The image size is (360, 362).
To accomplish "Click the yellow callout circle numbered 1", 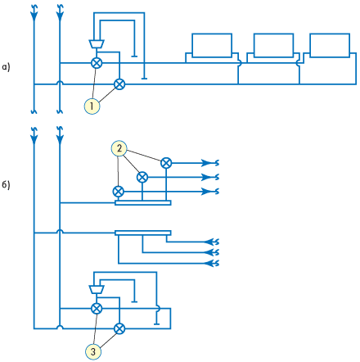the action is pyautogui.click(x=92, y=106).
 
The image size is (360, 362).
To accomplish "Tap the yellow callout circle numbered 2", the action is pyautogui.click(x=119, y=148).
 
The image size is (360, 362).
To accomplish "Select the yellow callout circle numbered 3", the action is pyautogui.click(x=93, y=351).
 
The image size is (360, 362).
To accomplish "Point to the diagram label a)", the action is pyautogui.click(x=6, y=67).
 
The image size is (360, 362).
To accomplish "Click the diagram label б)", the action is pyautogui.click(x=6, y=185).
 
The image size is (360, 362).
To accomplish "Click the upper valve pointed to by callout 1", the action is pyautogui.click(x=97, y=63).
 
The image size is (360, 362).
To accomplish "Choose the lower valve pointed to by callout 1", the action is pyautogui.click(x=119, y=84).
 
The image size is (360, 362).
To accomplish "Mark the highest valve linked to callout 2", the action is pyautogui.click(x=166, y=163).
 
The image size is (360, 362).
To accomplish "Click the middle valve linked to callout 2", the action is pyautogui.click(x=142, y=178).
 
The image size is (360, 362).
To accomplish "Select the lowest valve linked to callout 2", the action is pyautogui.click(x=118, y=192).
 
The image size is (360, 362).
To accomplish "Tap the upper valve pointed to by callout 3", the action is pyautogui.click(x=97, y=309).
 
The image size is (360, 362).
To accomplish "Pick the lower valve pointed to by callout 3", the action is pyautogui.click(x=119, y=328).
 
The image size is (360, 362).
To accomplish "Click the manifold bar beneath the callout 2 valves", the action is pyautogui.click(x=143, y=202).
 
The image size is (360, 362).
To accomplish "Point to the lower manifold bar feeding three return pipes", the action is pyautogui.click(x=143, y=233).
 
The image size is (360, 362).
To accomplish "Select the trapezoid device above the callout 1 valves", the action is pyautogui.click(x=97, y=44).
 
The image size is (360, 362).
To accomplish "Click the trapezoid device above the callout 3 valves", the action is pyautogui.click(x=97, y=289).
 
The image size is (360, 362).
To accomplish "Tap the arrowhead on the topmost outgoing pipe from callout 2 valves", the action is pyautogui.click(x=206, y=163).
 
